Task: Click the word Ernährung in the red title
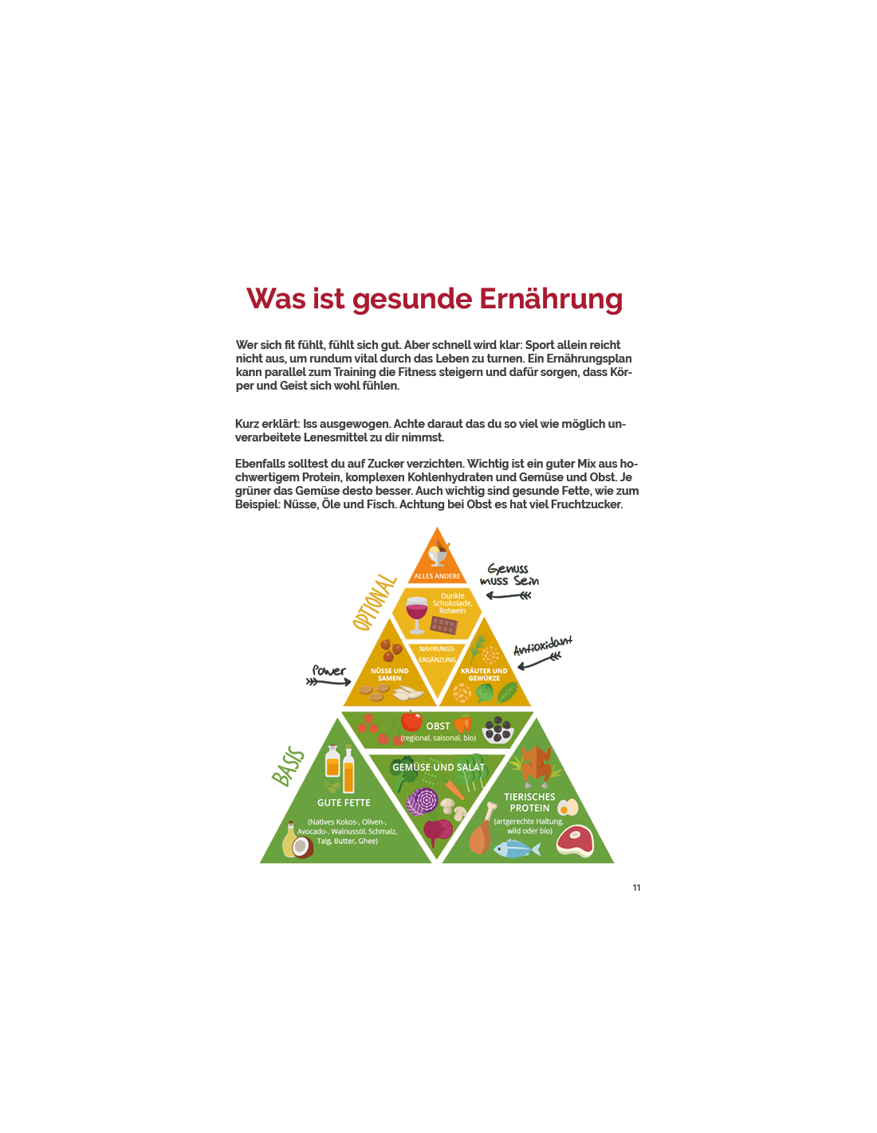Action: (x=550, y=300)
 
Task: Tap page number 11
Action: (x=636, y=888)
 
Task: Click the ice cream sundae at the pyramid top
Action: (x=438, y=553)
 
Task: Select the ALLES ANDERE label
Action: (x=437, y=576)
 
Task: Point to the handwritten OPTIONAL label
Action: (x=374, y=602)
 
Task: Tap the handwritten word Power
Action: (x=328, y=671)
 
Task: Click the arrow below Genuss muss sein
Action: (x=509, y=595)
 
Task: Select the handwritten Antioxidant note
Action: (x=543, y=645)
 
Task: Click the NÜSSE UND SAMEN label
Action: (x=389, y=674)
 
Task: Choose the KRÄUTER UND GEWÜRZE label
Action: (x=484, y=674)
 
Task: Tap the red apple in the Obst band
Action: (x=411, y=720)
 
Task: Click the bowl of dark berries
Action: (x=497, y=729)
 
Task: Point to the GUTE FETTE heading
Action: (x=344, y=802)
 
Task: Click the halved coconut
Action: (x=302, y=847)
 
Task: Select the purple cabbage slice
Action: (x=422, y=801)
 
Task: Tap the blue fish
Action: (x=517, y=849)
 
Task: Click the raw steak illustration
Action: (x=575, y=841)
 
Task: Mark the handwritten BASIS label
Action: (x=288, y=767)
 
